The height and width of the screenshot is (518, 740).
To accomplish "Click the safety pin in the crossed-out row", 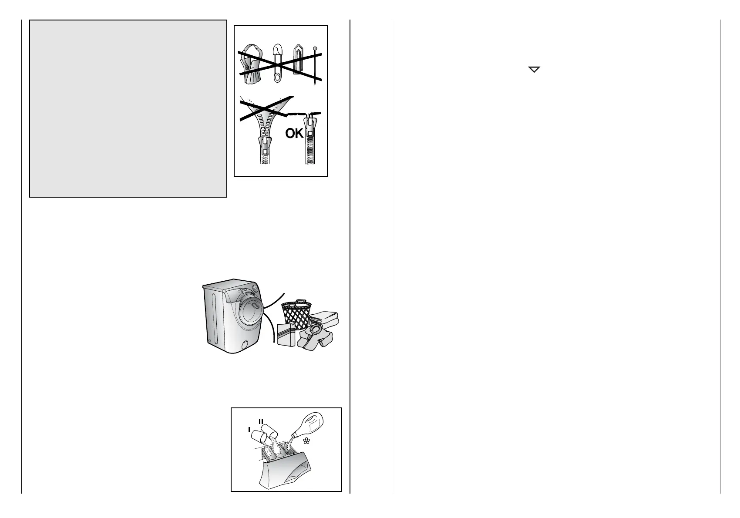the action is pyautogui.click(x=278, y=64).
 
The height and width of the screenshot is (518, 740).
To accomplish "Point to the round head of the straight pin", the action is pyautogui.click(x=315, y=49).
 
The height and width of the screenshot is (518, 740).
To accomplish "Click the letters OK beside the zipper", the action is pyautogui.click(x=294, y=134).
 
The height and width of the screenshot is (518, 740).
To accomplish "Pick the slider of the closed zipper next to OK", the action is pyautogui.click(x=310, y=127).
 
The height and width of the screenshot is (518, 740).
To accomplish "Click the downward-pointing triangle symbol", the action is pyautogui.click(x=534, y=69).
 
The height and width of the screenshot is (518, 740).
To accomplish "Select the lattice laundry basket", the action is pyautogui.click(x=296, y=314).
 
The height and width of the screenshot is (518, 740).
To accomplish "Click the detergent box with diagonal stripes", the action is pyautogui.click(x=286, y=335).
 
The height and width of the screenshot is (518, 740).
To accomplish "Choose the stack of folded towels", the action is pyautogui.click(x=324, y=320).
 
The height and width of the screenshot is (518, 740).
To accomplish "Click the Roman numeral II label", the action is pyautogui.click(x=261, y=421).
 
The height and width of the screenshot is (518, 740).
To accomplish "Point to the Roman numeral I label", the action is pyautogui.click(x=249, y=430).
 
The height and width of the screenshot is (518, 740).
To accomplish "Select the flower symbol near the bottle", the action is pyautogui.click(x=306, y=441).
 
